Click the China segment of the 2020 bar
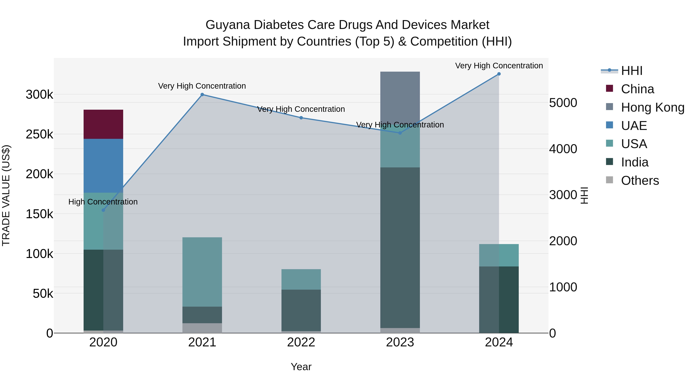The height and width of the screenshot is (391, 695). pyautogui.click(x=103, y=124)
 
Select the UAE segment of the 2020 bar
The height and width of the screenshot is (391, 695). pyautogui.click(x=103, y=166)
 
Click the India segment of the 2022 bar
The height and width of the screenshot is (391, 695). pyautogui.click(x=301, y=310)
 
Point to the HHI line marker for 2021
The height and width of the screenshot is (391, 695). pyautogui.click(x=202, y=94)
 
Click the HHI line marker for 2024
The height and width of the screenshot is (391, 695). pyautogui.click(x=499, y=74)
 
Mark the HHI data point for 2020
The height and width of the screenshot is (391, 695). pyautogui.click(x=103, y=210)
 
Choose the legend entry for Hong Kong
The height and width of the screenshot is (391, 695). pyautogui.click(x=652, y=107)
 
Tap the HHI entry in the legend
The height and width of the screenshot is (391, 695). pyautogui.click(x=631, y=71)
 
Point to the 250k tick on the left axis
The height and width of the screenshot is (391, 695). pyautogui.click(x=39, y=134)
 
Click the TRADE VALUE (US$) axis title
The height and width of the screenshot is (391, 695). pyautogui.click(x=6, y=195)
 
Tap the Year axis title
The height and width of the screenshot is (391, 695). pyautogui.click(x=301, y=367)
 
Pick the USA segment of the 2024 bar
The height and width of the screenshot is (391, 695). pyautogui.click(x=499, y=255)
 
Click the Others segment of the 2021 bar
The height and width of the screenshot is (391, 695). pyautogui.click(x=202, y=328)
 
